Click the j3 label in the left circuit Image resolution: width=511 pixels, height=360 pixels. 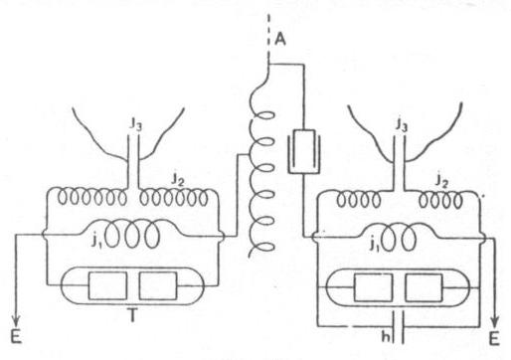[x=137, y=125]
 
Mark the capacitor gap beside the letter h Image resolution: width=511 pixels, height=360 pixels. [x=397, y=325]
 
